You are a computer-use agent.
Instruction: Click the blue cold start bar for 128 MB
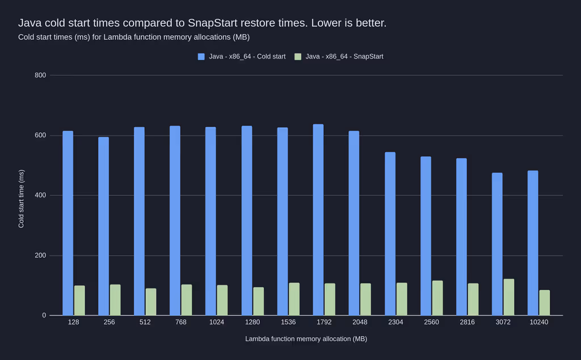click(x=68, y=223)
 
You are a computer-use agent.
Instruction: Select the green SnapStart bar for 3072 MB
click(x=509, y=297)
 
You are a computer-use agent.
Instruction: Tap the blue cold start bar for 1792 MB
click(x=318, y=220)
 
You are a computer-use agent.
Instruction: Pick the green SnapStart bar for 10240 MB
click(x=545, y=303)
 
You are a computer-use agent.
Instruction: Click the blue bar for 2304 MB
click(x=390, y=233)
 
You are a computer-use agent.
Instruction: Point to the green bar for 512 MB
click(x=151, y=302)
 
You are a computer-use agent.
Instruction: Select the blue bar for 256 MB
click(x=103, y=226)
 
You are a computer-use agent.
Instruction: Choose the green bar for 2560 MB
click(x=437, y=298)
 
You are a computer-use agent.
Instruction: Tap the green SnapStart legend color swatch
click(x=298, y=57)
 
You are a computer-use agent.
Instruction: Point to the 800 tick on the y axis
click(x=40, y=76)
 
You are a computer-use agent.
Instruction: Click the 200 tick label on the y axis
click(x=40, y=256)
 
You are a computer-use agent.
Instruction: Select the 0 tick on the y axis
click(x=44, y=316)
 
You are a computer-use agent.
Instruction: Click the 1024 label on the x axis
click(x=217, y=322)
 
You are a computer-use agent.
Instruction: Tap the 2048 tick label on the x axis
click(x=360, y=322)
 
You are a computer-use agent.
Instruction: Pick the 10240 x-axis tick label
click(x=538, y=322)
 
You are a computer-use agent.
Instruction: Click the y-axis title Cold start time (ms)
click(x=22, y=199)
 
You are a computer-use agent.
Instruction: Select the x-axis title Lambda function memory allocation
click(x=306, y=339)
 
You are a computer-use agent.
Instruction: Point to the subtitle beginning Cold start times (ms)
click(x=134, y=37)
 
